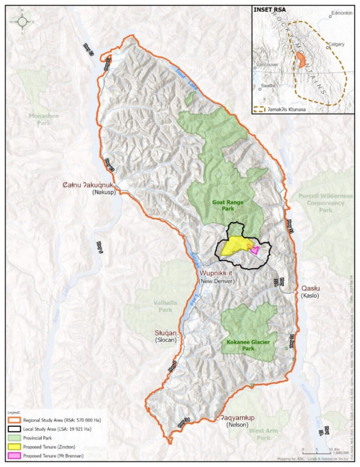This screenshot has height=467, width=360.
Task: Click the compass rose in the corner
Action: coord(22,21)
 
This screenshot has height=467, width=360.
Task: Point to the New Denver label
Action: coord(216,281)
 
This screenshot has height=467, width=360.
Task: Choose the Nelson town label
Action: coord(237,425)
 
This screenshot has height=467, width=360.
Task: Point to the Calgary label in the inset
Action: coord(336,44)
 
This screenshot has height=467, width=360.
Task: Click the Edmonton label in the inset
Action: coord(343,13)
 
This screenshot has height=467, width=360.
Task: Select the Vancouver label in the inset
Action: coord(267,65)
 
